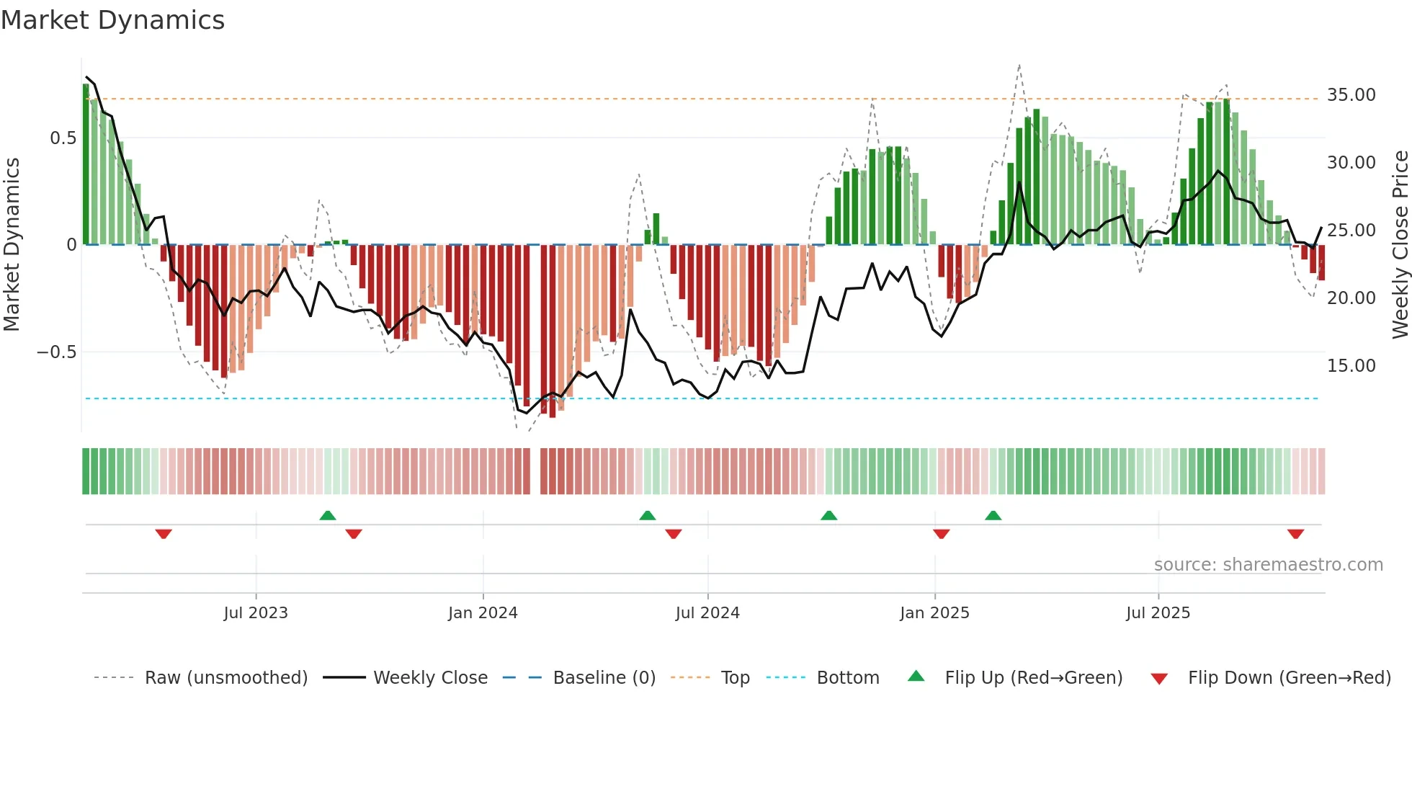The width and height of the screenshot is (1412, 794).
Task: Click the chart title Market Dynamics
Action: click(x=112, y=20)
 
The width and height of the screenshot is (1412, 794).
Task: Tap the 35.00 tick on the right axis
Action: click(x=1351, y=95)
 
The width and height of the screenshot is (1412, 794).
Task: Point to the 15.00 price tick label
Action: click(x=1351, y=366)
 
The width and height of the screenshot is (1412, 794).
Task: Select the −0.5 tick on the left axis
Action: click(x=56, y=352)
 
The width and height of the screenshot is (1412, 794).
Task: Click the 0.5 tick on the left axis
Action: click(x=63, y=138)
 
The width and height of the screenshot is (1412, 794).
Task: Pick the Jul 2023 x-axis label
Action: click(x=255, y=613)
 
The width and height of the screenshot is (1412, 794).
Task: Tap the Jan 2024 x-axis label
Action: click(x=483, y=613)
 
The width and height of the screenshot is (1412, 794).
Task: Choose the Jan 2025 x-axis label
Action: click(x=934, y=613)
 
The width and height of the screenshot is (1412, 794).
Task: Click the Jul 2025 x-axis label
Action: click(x=1158, y=613)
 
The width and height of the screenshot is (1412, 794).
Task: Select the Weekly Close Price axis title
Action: click(x=1400, y=245)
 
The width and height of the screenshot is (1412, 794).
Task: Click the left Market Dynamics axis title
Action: click(x=12, y=245)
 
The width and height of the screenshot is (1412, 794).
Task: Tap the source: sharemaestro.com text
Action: click(x=1268, y=565)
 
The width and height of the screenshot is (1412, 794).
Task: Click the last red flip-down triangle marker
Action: click(x=1295, y=534)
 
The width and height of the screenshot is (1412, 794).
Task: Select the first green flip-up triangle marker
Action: click(x=328, y=515)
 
